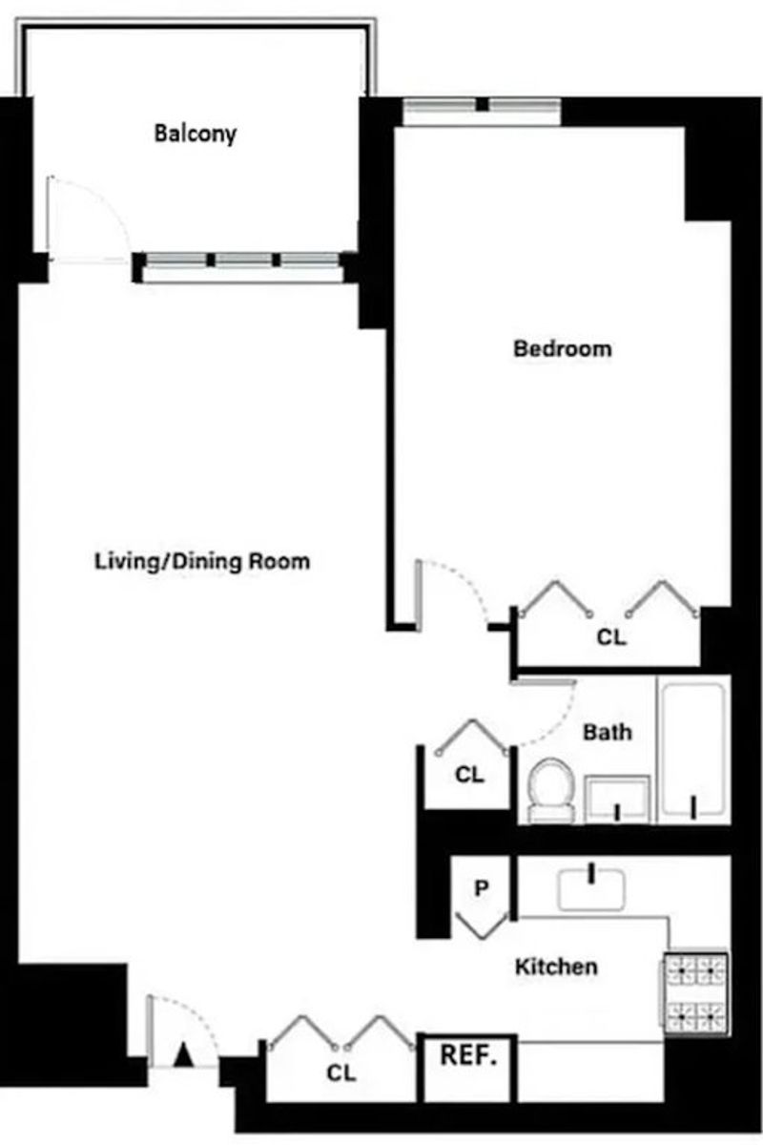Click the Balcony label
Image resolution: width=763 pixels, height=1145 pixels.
click(196, 134)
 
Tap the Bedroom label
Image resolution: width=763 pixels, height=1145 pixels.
click(563, 348)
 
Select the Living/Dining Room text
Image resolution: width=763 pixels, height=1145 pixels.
click(202, 561)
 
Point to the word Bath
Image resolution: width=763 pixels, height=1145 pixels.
click(608, 732)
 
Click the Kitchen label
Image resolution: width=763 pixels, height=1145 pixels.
click(557, 967)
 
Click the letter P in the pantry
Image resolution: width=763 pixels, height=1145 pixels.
click(481, 888)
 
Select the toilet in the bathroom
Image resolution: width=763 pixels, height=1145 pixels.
click(551, 791)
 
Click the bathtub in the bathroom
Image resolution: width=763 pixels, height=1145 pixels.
click(693, 749)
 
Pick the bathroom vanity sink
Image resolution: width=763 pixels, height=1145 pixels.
click(617, 799)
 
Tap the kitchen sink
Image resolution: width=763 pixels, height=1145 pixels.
click(591, 890)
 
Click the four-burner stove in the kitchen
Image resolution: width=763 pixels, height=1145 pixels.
click(696, 993)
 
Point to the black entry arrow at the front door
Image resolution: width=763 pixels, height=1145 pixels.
click(183, 1055)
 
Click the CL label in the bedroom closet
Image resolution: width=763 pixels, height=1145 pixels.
click(611, 637)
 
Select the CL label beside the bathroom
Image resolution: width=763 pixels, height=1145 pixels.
click(469, 775)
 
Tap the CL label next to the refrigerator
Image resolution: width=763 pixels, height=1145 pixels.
click(341, 1072)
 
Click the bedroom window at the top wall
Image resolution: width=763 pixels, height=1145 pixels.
click(482, 109)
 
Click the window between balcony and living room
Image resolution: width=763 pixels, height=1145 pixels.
click(243, 266)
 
